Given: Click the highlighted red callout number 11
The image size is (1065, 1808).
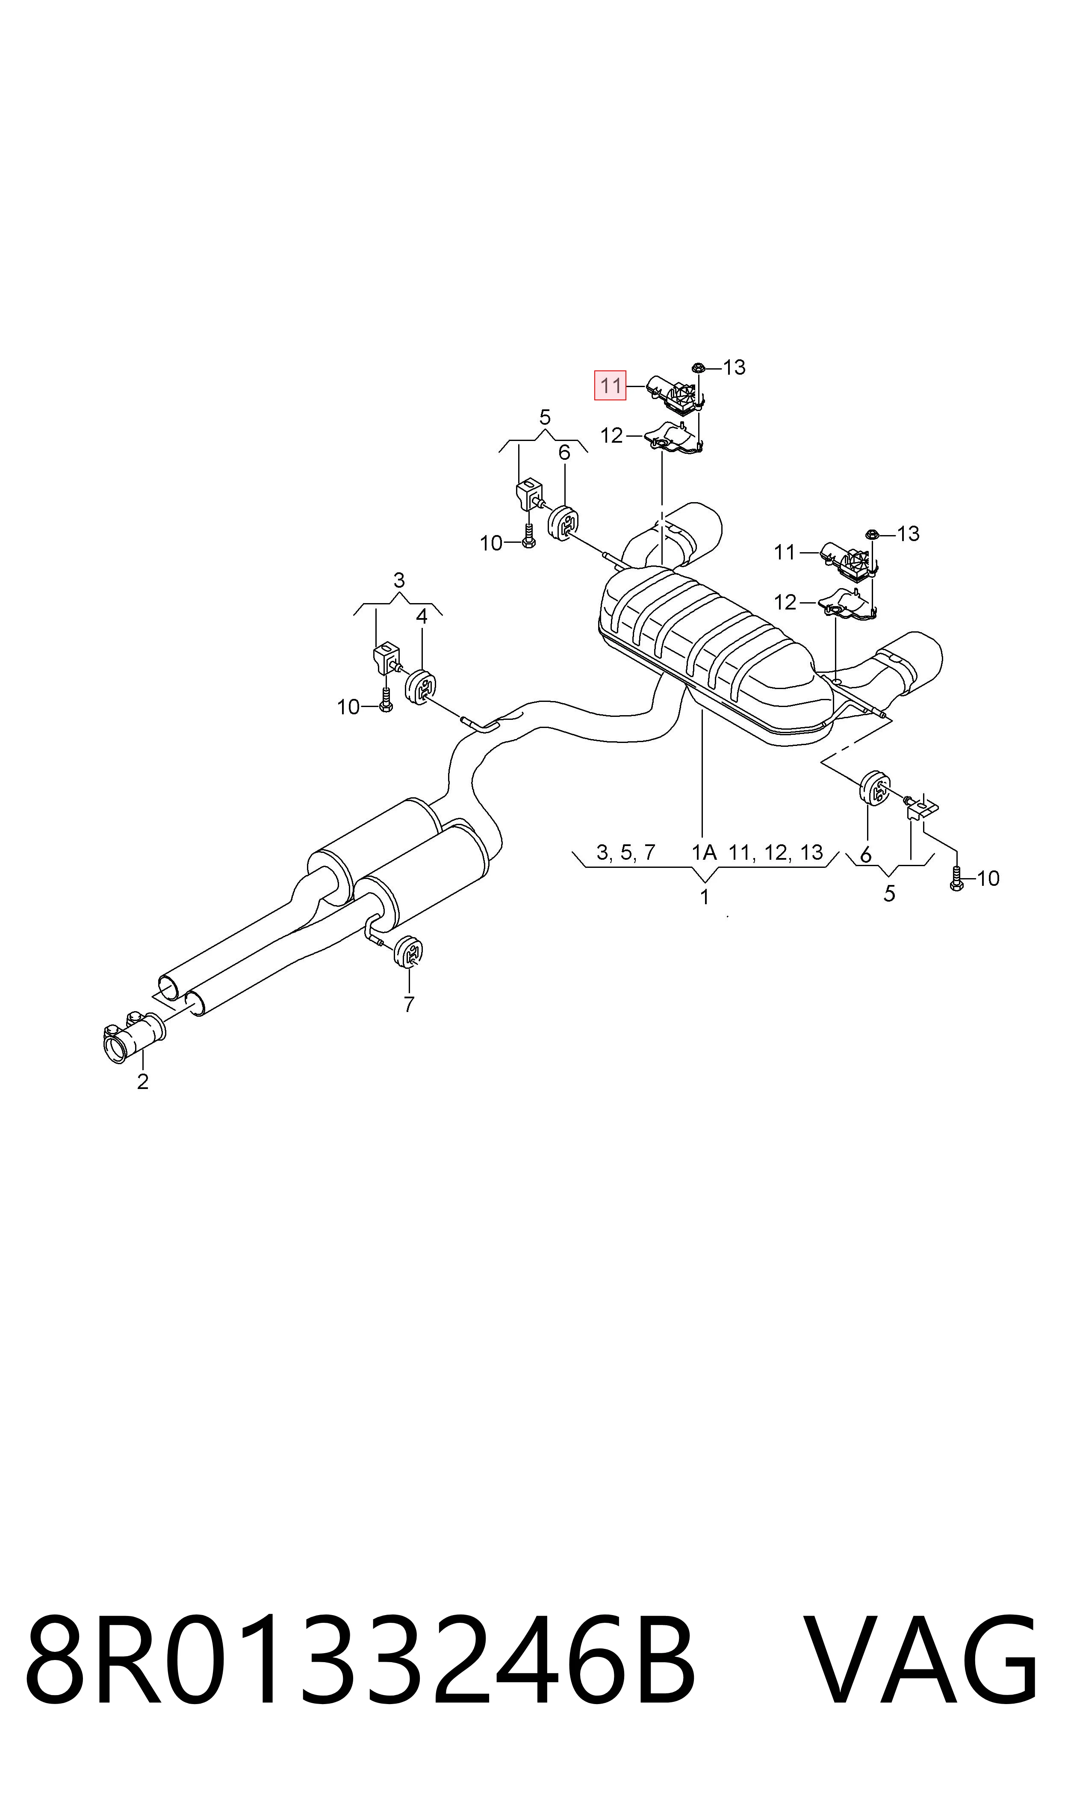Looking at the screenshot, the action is [x=610, y=385].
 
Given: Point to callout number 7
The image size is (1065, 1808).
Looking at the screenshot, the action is [x=409, y=1005].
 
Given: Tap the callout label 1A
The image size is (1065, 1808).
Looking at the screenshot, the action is [x=704, y=853].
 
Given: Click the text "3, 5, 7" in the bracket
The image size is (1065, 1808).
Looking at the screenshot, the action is [x=626, y=853].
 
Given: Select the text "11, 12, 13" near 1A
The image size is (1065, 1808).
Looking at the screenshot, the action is [x=776, y=853].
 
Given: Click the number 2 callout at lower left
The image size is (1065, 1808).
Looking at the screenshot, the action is [x=143, y=1082].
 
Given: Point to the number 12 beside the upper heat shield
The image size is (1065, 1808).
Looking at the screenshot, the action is [x=611, y=436].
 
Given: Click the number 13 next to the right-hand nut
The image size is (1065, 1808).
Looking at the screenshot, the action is [x=909, y=533].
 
